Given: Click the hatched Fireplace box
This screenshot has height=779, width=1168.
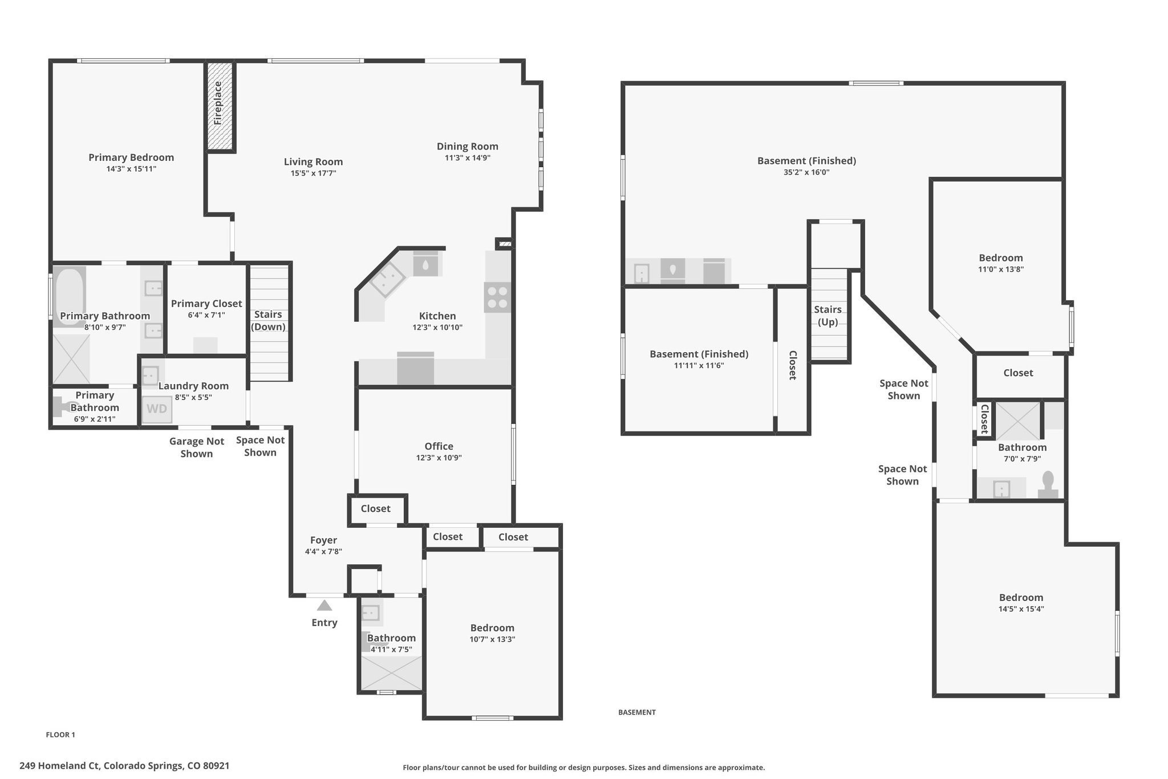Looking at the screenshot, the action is [x=220, y=106].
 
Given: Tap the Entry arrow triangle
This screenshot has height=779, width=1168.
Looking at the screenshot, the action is [x=325, y=605].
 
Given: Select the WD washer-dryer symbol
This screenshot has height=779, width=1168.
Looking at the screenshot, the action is [x=157, y=409].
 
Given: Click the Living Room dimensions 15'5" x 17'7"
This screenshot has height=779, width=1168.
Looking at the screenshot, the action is [x=314, y=173].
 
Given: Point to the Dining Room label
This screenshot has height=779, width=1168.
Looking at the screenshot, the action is [x=468, y=146].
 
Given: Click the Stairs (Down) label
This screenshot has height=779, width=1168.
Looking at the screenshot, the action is [x=268, y=320].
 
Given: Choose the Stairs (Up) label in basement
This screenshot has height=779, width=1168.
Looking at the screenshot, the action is [x=828, y=316].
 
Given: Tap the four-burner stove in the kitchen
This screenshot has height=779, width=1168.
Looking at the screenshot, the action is [x=497, y=297].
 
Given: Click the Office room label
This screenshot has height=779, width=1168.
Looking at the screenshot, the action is [x=439, y=446].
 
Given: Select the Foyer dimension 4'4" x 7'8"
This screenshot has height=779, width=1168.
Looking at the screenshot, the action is [x=323, y=552].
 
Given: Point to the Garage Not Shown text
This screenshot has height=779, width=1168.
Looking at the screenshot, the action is [x=197, y=447].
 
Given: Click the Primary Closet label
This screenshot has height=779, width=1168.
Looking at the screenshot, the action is [x=206, y=304].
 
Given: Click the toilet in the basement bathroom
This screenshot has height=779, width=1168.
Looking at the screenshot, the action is [x=1048, y=485].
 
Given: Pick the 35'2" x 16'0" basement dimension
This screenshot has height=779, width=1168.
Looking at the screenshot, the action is [x=806, y=172].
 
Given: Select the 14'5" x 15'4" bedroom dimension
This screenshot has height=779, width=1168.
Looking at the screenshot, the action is [x=1021, y=609].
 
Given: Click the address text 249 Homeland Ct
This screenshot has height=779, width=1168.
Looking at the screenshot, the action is [x=60, y=765].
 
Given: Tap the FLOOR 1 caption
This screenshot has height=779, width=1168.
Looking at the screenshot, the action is [x=60, y=734].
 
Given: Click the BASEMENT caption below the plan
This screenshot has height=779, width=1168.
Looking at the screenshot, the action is [x=637, y=712].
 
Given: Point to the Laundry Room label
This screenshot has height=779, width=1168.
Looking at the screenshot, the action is [x=193, y=386].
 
